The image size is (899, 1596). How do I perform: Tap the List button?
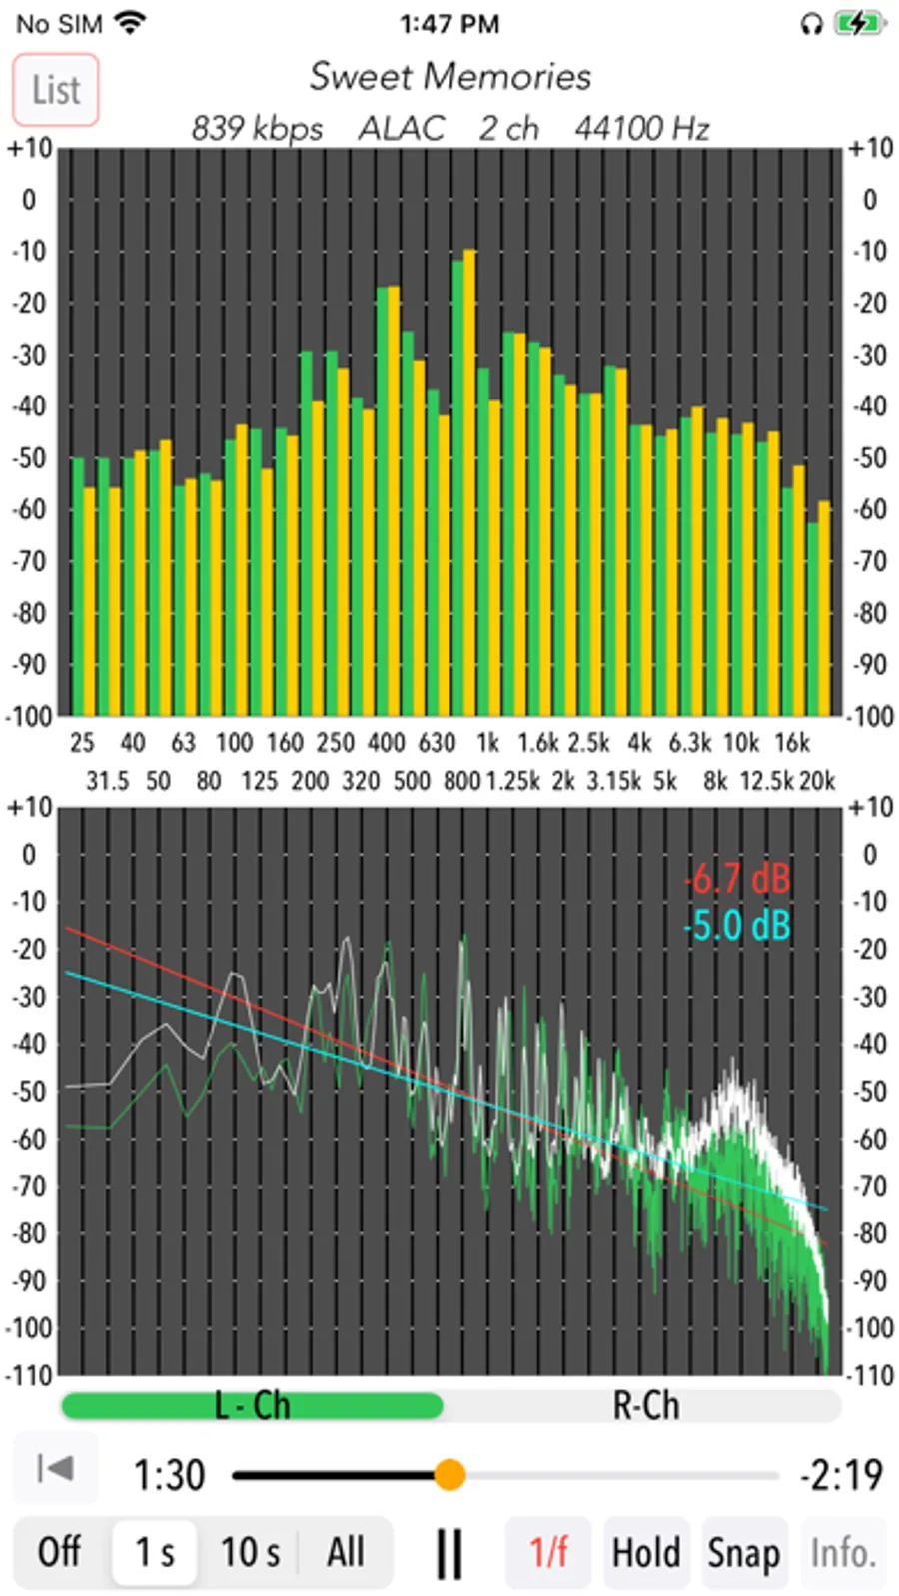56,90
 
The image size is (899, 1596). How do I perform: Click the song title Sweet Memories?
449,77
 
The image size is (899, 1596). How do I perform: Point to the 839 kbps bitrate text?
257,129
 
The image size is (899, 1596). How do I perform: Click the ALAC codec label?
401,129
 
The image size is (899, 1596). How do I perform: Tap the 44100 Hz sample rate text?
641,129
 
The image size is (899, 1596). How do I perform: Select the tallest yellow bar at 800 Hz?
469,479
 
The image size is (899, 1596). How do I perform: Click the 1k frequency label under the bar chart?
487,743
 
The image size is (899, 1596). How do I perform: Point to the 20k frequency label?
816,781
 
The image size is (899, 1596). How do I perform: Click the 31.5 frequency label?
107,781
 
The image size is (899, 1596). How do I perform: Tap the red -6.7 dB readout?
737,879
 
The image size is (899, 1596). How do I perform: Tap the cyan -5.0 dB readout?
737,926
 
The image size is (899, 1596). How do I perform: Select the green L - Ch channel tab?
252,1406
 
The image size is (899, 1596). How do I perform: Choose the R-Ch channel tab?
645,1406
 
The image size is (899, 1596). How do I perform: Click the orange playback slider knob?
449,1474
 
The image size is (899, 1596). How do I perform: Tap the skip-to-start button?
55,1468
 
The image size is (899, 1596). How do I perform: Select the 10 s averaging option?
250,1552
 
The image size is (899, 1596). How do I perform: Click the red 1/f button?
548,1552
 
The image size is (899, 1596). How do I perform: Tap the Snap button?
743,1552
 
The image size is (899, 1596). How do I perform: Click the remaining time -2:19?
841,1474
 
